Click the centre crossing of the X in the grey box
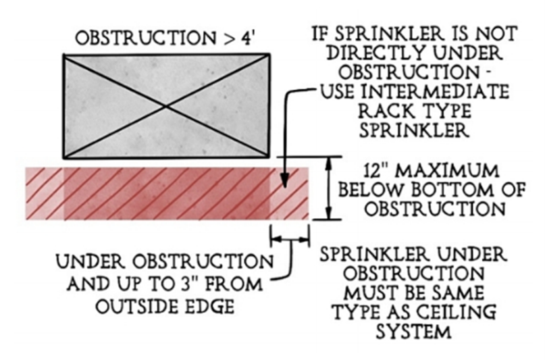pos(166,106)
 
